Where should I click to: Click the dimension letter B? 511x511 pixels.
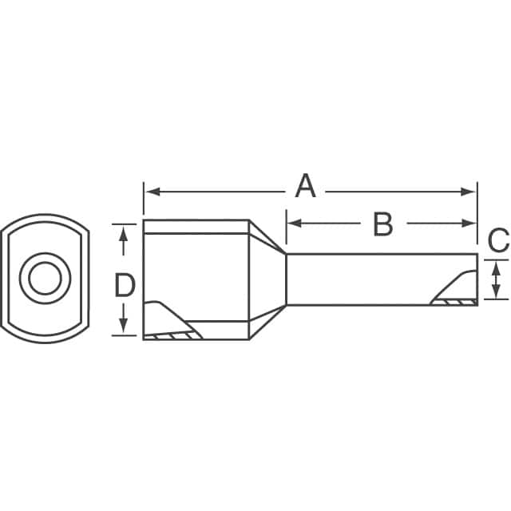pos(383,224)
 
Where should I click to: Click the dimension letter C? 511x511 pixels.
pos(497,239)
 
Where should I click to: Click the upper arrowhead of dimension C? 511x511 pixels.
pos(497,267)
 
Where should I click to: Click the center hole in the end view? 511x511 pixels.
pos(44,278)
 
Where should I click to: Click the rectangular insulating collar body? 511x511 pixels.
pos(196,275)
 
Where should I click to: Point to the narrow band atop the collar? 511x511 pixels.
pos(196,226)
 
